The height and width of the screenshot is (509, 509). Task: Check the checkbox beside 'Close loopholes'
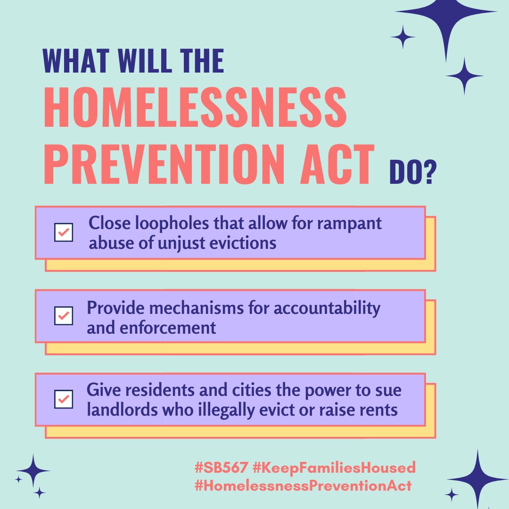[64, 232]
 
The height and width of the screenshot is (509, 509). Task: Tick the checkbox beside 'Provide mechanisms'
[64, 316]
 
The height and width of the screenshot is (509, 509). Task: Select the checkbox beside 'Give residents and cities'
[64, 399]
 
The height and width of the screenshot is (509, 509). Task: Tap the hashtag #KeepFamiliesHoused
[334, 468]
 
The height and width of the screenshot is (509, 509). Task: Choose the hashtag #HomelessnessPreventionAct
[303, 486]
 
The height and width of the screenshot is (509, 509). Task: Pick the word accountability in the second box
[327, 308]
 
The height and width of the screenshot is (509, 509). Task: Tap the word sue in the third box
[389, 391]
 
